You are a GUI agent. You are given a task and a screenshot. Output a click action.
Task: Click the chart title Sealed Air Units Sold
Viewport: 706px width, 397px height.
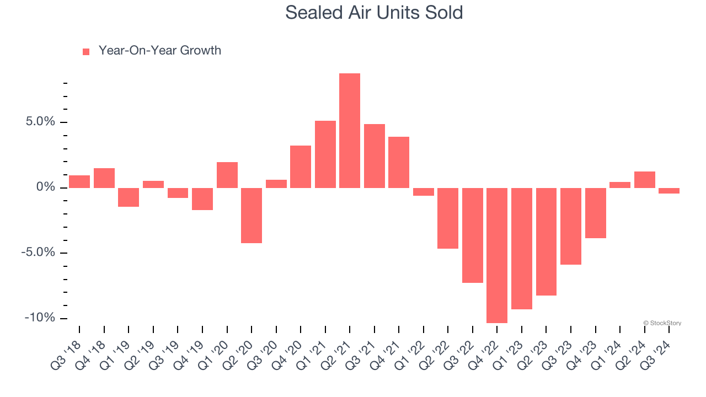tap(373, 12)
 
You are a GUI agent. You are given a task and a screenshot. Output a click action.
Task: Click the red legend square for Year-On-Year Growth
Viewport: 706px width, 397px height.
tap(86, 52)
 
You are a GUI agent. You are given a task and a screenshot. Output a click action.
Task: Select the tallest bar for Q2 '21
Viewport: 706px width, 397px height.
tap(350, 131)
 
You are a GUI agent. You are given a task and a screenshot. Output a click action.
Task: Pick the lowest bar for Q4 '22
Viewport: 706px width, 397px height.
tap(497, 255)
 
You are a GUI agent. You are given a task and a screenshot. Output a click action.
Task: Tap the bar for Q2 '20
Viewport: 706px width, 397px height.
tap(252, 216)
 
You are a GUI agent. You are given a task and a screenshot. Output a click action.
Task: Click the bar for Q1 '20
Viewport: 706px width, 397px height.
tap(227, 175)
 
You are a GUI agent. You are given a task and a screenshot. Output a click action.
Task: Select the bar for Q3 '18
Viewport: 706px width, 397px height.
tap(79, 181)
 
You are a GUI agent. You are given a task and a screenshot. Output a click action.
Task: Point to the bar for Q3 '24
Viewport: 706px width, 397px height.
tap(669, 191)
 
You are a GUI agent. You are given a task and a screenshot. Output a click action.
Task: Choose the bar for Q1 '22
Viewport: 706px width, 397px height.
tap(424, 192)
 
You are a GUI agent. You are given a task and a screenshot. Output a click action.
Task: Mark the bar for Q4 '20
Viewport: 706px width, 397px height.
tap(301, 167)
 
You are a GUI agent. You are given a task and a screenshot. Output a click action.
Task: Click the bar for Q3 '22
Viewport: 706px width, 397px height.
tap(473, 235)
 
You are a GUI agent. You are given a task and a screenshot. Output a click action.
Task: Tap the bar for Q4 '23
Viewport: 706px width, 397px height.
tap(596, 213)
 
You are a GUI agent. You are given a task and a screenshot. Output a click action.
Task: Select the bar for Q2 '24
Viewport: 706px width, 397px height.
tap(645, 180)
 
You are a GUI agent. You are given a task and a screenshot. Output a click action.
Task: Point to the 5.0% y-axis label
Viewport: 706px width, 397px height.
tap(41, 122)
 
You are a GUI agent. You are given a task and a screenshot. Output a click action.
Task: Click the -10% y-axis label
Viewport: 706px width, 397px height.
tap(40, 318)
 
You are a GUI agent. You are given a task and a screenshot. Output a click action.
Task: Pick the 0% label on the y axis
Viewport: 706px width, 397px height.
tap(47, 187)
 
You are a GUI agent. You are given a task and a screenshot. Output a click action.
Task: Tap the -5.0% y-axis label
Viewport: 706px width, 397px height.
tap(39, 253)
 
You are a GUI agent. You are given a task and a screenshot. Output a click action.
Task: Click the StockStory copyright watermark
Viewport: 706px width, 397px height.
tap(662, 323)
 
